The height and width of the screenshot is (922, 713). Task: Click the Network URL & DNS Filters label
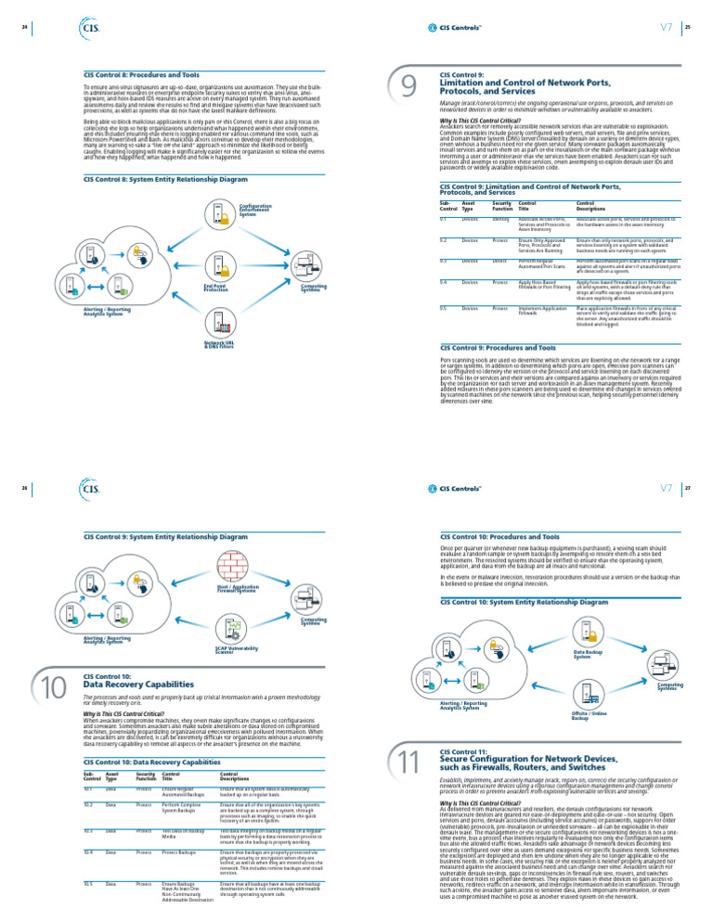coord(218,344)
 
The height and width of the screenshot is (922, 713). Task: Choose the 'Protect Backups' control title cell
coord(179,877)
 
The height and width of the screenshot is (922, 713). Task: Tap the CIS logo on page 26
coord(91,487)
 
